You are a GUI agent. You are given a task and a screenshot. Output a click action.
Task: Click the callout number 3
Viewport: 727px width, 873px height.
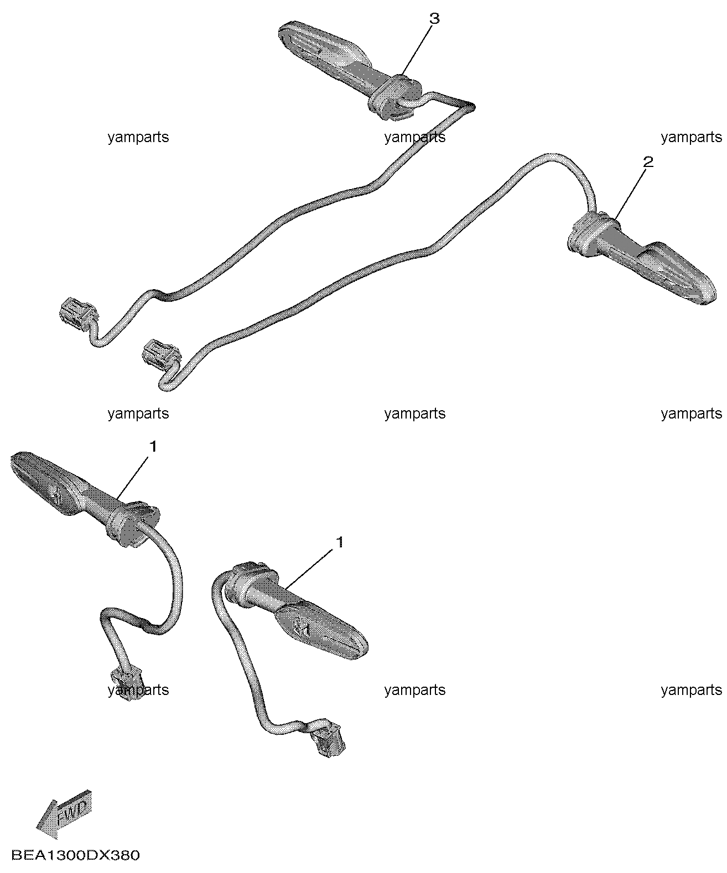pyautogui.click(x=434, y=19)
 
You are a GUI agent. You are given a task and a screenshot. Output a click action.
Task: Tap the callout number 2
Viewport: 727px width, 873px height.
pyautogui.click(x=648, y=162)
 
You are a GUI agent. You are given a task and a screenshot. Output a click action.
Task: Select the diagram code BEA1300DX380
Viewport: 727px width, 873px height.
pyautogui.click(x=75, y=855)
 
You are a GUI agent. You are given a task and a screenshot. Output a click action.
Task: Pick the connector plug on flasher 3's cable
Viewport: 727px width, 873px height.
pyautogui.click(x=78, y=311)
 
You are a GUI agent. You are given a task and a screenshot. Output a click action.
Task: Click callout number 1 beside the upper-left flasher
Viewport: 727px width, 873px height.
pyautogui.click(x=153, y=447)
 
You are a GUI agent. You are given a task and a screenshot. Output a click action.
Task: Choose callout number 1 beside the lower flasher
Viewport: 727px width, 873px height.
pyautogui.click(x=340, y=542)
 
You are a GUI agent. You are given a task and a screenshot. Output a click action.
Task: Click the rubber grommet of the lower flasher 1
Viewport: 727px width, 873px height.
pyautogui.click(x=251, y=579)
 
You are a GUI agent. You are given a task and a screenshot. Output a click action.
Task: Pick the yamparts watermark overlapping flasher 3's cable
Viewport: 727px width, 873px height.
pyautogui.click(x=415, y=137)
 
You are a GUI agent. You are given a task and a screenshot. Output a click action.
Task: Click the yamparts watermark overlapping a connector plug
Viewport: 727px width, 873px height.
pyautogui.click(x=138, y=689)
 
